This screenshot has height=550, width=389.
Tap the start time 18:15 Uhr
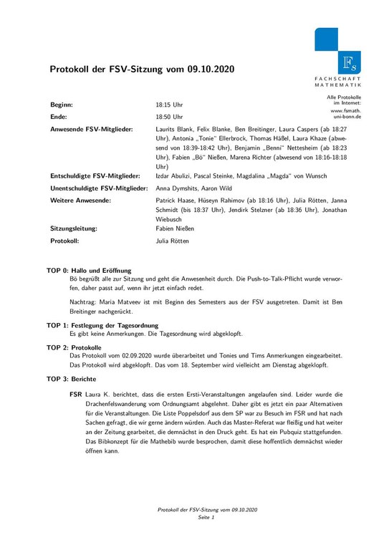[169, 105]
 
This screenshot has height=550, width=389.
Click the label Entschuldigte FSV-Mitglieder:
[95, 175]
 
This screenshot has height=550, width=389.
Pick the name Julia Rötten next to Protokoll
[172, 242]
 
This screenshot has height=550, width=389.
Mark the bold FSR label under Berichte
[75, 395]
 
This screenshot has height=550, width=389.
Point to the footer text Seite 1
[208, 516]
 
